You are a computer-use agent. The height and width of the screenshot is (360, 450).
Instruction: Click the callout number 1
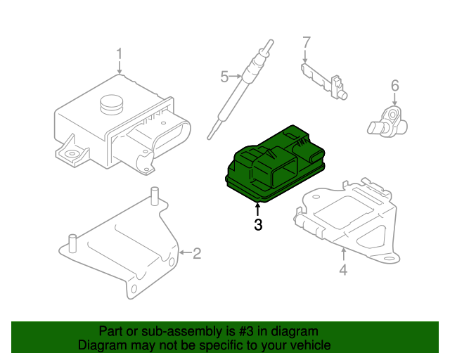tap(119, 53)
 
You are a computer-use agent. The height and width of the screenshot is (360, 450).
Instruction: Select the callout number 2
tap(196, 252)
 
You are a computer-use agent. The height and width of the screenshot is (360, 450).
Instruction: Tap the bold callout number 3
tap(258, 225)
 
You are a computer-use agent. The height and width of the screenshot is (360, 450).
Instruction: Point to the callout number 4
tap(342, 269)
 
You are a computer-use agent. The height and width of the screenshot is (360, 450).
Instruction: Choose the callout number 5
tap(224, 77)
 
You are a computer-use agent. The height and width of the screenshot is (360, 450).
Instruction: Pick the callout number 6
tap(394, 86)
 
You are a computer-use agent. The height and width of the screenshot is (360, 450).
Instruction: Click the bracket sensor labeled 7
tap(325, 79)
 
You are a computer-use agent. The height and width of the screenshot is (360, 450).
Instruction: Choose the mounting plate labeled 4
tap(345, 214)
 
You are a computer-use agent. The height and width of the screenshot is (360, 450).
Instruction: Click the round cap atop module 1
tap(111, 103)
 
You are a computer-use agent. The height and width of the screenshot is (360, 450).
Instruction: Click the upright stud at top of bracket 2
tap(153, 195)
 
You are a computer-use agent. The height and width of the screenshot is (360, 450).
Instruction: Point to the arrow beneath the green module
tap(258, 207)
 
